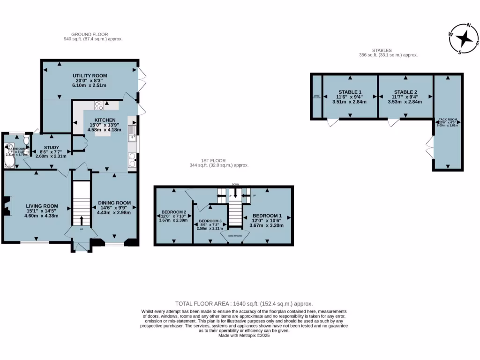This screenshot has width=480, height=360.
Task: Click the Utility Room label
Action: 90,75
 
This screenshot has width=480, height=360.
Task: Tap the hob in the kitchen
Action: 99,105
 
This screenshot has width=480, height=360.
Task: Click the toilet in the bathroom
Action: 26,140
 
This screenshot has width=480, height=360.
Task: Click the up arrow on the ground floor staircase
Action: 82,221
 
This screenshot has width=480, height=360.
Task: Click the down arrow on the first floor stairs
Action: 235,193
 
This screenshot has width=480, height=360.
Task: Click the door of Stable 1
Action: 333,123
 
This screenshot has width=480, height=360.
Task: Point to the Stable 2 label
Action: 405,92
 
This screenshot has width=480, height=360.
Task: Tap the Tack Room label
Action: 447,120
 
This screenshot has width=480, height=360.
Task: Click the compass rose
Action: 463,37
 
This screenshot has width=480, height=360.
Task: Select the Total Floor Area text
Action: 244,304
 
